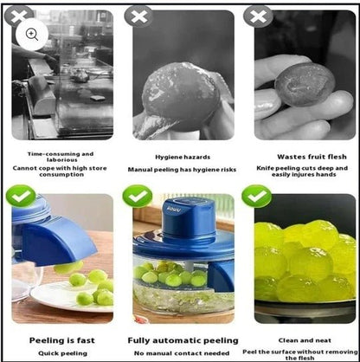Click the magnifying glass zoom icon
click(32, 34)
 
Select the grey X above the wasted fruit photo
click(256, 16)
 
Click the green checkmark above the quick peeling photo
click(19, 197)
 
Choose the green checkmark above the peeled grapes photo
click(256, 197)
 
